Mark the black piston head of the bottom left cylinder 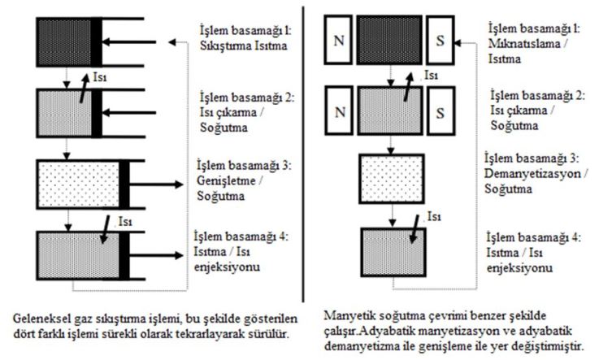[x=124, y=254]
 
